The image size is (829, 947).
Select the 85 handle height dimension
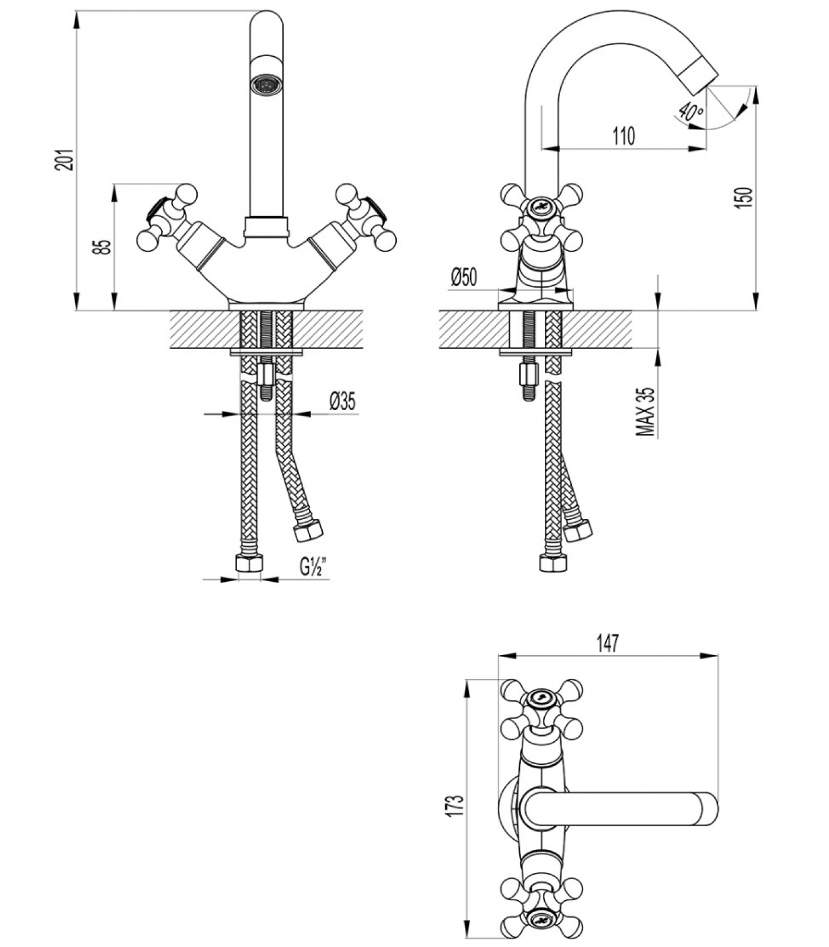[x=104, y=247]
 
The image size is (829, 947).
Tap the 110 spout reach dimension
[x=624, y=136]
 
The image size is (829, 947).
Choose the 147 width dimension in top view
[x=608, y=643]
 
